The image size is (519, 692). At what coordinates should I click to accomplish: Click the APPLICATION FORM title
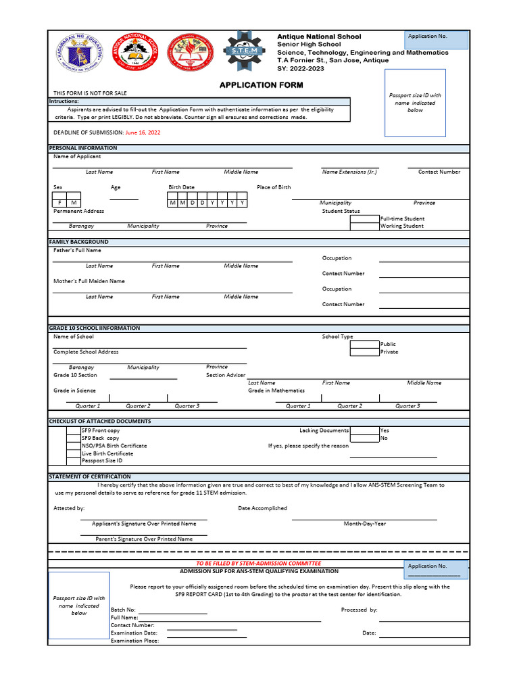pos(261,85)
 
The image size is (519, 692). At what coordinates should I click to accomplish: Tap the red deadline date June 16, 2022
pos(143,132)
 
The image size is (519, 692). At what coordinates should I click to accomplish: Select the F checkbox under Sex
pos(59,203)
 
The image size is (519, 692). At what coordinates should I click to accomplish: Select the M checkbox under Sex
pos(74,203)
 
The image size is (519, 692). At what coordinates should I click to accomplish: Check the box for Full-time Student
pos(364,219)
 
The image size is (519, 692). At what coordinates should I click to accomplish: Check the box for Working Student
pos(364,226)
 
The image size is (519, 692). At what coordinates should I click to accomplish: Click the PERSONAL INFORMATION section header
pos(83,148)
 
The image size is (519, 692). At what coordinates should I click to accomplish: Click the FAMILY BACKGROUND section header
pos(79,242)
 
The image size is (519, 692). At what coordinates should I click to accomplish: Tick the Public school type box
pos(364,344)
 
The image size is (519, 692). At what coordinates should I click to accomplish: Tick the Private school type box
pos(364,352)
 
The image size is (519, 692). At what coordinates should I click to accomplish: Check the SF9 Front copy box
pos(73,430)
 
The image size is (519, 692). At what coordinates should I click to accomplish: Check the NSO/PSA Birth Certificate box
pos(73,446)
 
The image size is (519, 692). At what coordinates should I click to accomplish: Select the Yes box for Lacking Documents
pos(364,430)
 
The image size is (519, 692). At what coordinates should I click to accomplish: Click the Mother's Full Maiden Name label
pos(89,281)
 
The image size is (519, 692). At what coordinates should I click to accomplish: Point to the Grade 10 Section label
pos(75,375)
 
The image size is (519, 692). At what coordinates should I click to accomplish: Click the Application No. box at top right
pos(437,40)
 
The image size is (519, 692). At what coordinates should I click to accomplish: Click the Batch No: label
pos(123,610)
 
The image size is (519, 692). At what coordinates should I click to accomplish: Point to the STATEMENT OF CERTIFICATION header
pos(90,477)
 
